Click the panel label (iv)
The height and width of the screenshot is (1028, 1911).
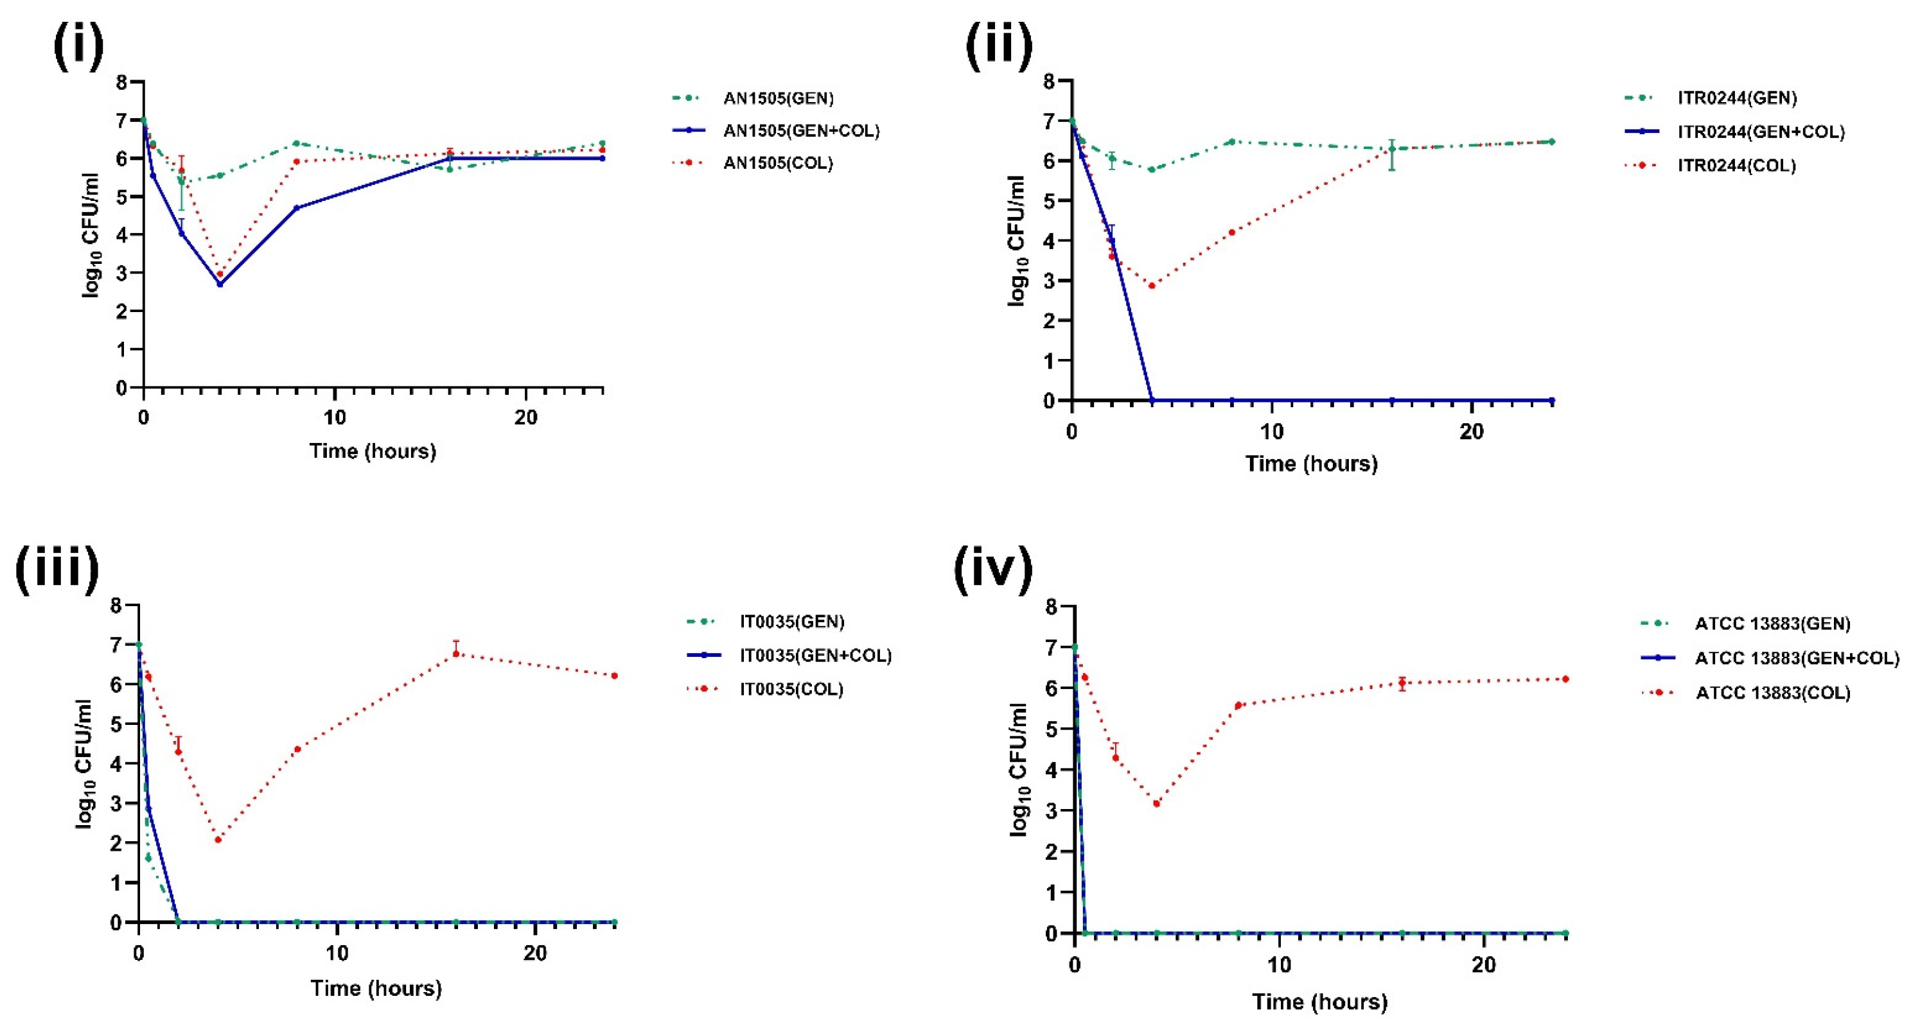[x=992, y=570]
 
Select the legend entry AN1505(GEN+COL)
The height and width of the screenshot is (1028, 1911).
[x=800, y=130]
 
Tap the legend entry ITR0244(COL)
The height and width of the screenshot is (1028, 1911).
[x=1736, y=166]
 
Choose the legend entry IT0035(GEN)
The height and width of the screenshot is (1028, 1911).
[x=791, y=622]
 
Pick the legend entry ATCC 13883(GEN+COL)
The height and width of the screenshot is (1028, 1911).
[x=1796, y=659]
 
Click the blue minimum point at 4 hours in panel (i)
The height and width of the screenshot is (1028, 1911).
[x=220, y=284]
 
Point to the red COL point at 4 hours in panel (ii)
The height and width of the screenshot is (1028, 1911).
[x=1151, y=286]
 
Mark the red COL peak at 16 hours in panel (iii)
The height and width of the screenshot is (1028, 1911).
[x=456, y=654]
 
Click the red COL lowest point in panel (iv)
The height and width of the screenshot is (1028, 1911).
[x=1156, y=804]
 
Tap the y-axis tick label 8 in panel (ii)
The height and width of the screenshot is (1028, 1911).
[x=1048, y=81]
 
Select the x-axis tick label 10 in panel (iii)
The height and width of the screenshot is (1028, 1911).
[x=337, y=953]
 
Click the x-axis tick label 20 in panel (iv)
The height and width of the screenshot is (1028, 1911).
[x=1484, y=965]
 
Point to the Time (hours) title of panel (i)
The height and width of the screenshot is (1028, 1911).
[x=373, y=451]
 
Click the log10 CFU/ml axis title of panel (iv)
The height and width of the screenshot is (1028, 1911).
[x=1019, y=770]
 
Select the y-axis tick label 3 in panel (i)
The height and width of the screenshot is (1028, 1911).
[x=121, y=273]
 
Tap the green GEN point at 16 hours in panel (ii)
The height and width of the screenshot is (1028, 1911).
[x=1392, y=148]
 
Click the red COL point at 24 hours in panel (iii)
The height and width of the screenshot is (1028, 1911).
[x=614, y=675]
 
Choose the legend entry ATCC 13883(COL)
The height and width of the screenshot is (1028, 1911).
[x=1772, y=693]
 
